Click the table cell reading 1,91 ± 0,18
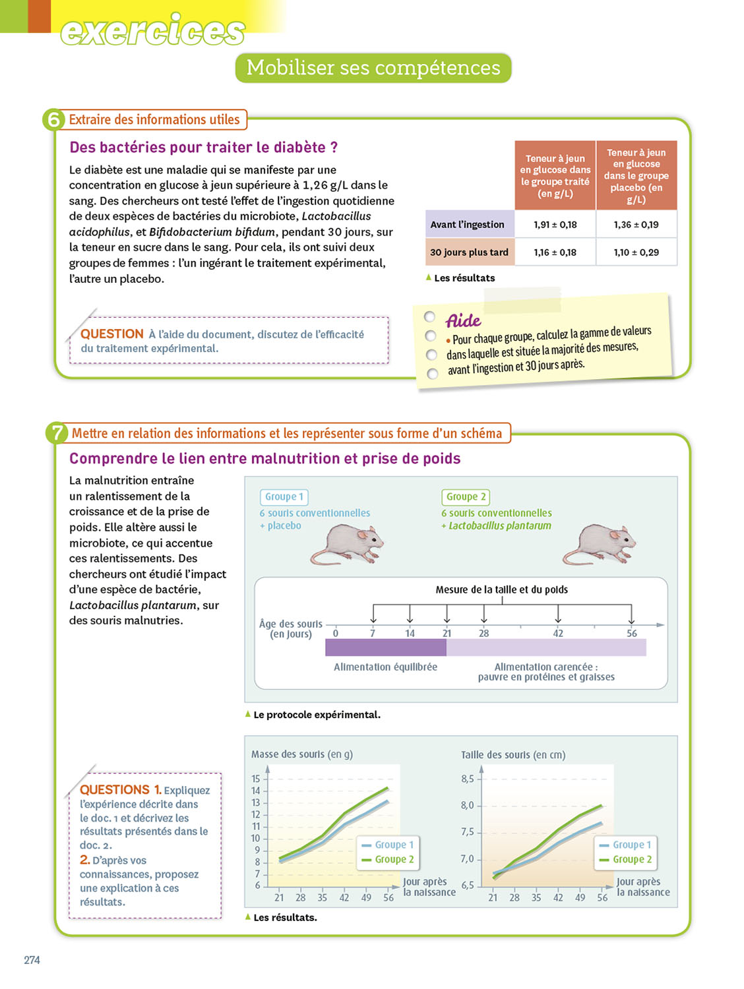[555, 225]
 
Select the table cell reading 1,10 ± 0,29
[636, 253]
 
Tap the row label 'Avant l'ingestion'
[467, 225]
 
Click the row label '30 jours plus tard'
[469, 253]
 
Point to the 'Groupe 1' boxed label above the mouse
[284, 497]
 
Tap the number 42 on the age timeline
[558, 634]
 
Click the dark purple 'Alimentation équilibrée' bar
[386, 648]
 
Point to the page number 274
[32, 960]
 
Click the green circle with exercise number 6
[53, 120]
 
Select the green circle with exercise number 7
[57, 433]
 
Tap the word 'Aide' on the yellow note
[464, 321]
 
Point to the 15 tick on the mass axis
[256, 779]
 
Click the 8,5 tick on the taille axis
[468, 779]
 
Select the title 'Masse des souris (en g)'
[302, 754]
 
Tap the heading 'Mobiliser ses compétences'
[373, 68]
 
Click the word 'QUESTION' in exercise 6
[112, 334]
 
